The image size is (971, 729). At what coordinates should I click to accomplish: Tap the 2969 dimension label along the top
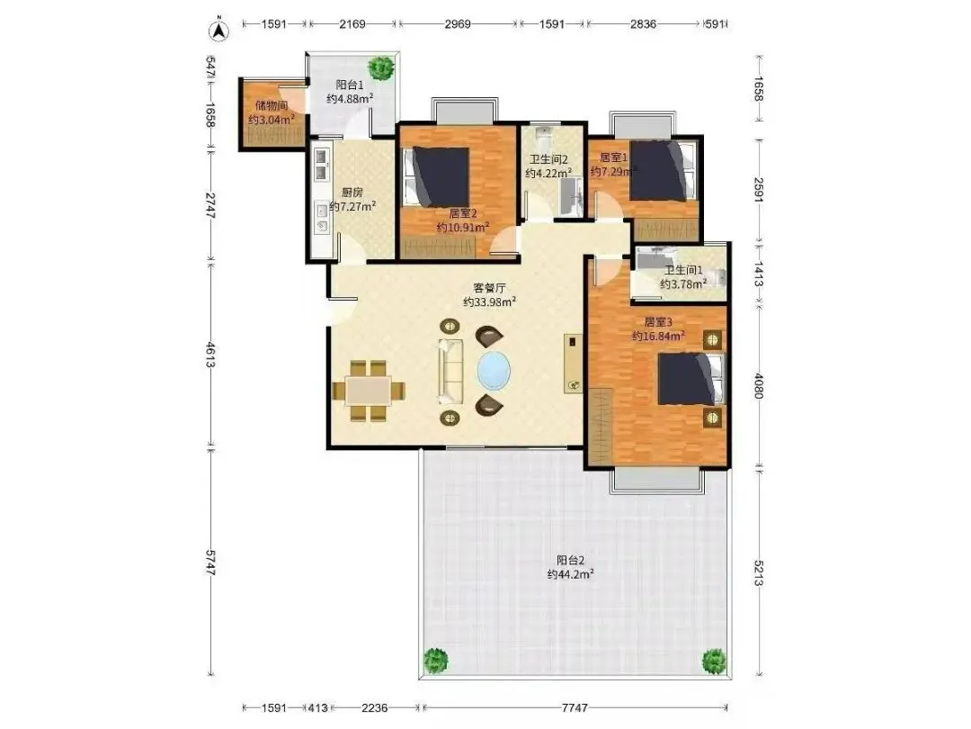458,24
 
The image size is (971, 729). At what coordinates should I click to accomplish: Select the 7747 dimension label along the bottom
575,707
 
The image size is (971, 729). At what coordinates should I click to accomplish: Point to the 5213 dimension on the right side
759,572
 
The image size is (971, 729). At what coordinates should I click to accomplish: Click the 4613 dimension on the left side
210,354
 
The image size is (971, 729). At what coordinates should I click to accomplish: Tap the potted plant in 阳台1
381,67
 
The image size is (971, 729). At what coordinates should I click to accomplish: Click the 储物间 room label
272,105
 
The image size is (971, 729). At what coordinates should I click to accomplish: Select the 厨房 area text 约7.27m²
352,206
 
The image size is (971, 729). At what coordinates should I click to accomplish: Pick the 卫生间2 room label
548,159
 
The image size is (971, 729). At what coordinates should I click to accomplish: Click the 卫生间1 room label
683,270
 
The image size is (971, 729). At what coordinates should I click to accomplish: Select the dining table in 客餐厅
369,391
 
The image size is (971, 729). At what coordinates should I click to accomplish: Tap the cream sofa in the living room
450,371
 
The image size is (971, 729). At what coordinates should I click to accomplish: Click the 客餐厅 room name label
490,288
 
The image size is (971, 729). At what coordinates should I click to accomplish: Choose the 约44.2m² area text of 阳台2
570,574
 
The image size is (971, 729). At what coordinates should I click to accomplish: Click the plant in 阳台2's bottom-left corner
436,661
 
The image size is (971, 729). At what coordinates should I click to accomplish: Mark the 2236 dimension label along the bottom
375,707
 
